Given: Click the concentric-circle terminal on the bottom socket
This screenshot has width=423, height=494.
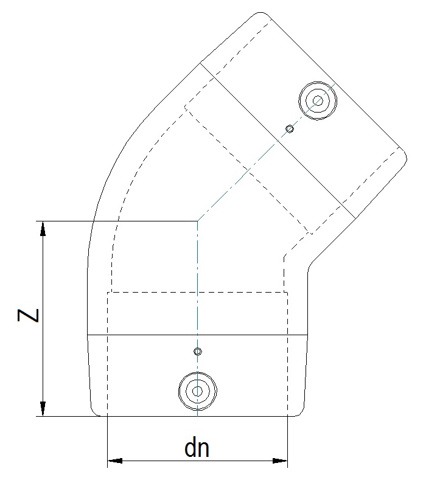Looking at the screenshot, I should [197, 391].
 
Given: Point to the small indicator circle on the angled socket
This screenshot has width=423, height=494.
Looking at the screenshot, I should [291, 129].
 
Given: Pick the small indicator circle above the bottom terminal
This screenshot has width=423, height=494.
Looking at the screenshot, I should [197, 352].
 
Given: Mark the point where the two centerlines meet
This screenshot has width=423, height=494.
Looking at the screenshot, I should [197, 221].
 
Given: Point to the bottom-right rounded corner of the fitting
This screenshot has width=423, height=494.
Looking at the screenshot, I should [300, 412].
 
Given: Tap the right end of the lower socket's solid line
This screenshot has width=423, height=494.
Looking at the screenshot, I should [306, 335].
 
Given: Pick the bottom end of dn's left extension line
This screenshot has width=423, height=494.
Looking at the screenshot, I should [107, 467].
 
